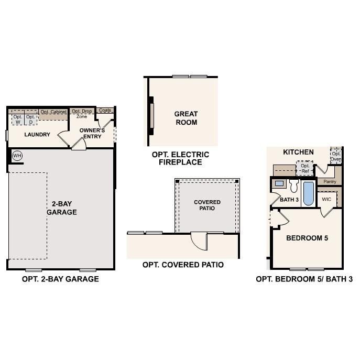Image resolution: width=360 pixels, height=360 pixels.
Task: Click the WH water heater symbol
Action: [x=17, y=156]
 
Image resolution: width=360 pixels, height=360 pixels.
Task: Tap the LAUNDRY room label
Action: [x=37, y=135]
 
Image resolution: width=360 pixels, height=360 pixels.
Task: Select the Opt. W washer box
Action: [x=18, y=119]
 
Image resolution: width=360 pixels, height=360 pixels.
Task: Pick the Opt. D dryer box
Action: [x=31, y=119]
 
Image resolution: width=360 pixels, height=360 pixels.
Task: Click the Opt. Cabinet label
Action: [x=53, y=112]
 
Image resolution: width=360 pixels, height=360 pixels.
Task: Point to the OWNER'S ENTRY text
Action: [x=92, y=133]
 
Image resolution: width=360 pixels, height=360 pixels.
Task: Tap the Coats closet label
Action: [x=105, y=111]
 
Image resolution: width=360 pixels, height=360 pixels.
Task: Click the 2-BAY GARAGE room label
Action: [x=62, y=208]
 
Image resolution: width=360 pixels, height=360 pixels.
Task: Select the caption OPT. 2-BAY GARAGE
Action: [x=60, y=279]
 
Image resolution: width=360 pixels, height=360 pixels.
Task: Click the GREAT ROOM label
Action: [x=186, y=118]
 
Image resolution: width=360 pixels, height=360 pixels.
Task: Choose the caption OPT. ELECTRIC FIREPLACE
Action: [x=180, y=158]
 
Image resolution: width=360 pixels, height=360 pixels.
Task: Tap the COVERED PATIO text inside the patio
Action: [x=208, y=205]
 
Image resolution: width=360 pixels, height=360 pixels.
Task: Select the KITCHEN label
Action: [x=298, y=152]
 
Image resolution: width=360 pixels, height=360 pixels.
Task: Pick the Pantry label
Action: [x=330, y=181]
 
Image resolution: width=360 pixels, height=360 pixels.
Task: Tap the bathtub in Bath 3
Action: [x=308, y=193]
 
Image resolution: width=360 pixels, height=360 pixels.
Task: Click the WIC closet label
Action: [x=326, y=199]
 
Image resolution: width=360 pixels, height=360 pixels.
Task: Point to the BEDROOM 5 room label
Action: [x=307, y=238]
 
